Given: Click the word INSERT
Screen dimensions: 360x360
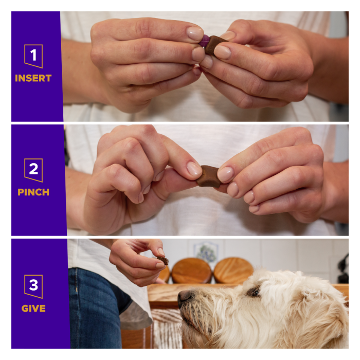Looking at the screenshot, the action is [33, 78].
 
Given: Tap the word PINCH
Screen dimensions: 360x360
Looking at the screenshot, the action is [33, 192].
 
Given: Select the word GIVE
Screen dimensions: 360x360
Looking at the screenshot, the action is [33, 309].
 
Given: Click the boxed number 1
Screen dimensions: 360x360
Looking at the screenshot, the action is [33, 56].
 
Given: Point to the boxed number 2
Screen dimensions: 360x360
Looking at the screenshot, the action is [33, 170].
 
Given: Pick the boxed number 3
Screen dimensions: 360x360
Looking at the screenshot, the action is [33, 286].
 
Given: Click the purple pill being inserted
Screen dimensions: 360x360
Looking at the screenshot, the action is [204, 41].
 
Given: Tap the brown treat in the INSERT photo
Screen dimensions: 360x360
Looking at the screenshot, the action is [214, 45].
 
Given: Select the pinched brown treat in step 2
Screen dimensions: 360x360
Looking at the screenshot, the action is [208, 176].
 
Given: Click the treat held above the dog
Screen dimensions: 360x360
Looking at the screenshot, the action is [163, 260].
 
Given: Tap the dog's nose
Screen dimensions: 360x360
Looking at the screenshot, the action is [185, 297].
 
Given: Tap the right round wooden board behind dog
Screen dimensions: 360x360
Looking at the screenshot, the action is [233, 271].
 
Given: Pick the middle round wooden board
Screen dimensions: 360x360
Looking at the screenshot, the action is [191, 271].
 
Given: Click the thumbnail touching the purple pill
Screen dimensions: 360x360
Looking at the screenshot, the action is [195, 33].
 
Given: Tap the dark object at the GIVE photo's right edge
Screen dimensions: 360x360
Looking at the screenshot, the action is [344, 268].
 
